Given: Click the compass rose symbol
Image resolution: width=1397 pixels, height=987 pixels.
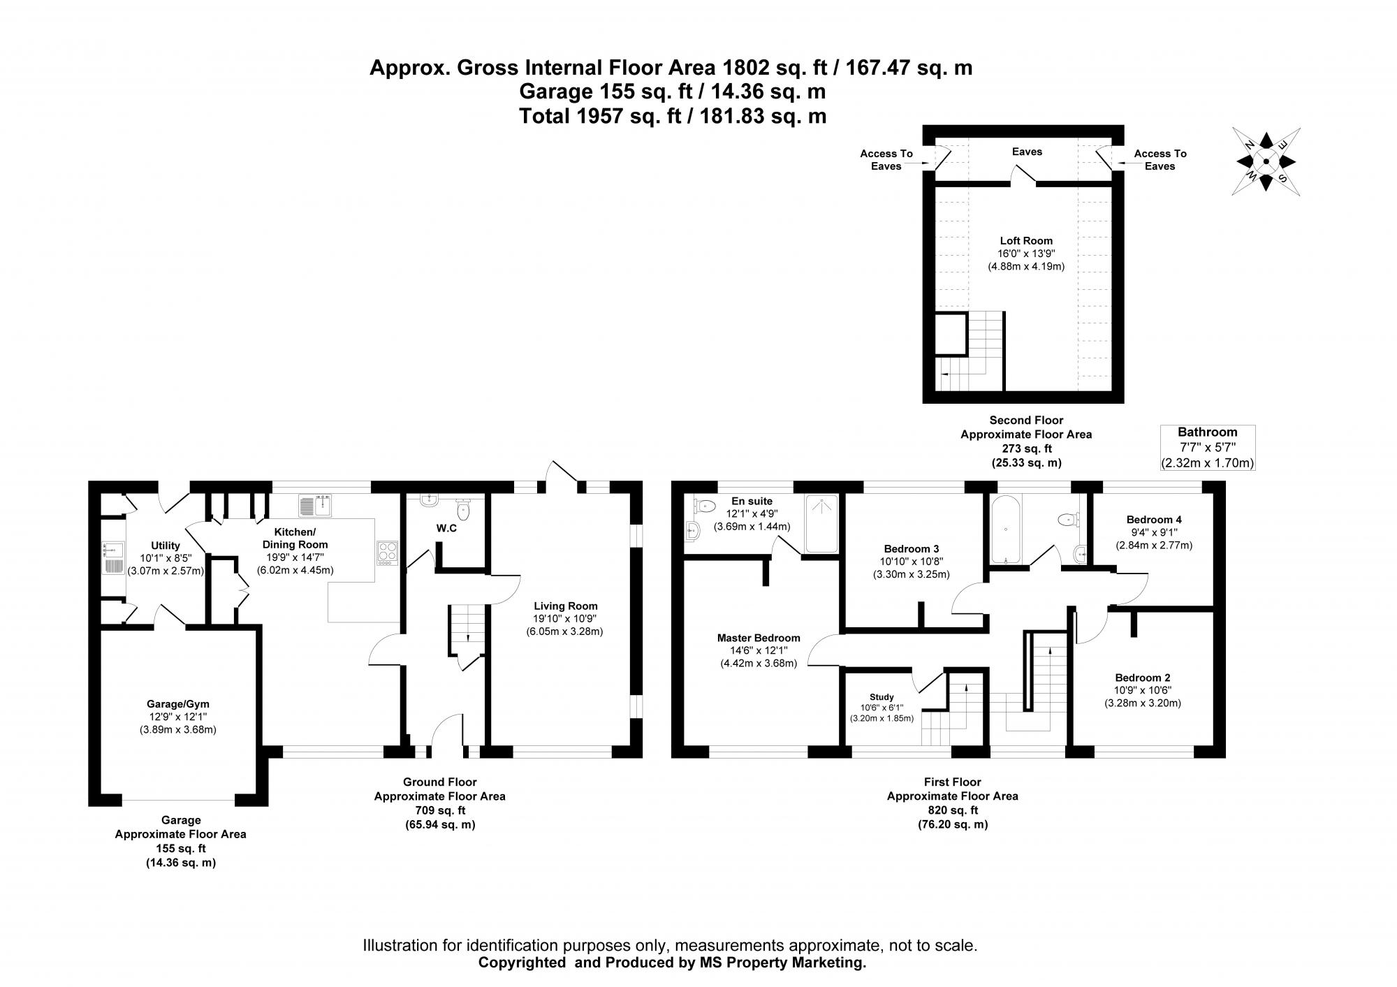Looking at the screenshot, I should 1266,162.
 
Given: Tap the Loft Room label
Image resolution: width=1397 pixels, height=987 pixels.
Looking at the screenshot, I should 1025,241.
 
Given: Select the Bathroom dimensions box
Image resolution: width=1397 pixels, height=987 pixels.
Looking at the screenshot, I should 1207,448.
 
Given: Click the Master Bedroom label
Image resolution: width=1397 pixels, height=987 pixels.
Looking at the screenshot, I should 759,638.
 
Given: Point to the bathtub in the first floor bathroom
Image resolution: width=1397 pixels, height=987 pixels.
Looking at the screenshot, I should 1004,528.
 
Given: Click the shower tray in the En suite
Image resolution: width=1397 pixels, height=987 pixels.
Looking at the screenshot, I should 821,524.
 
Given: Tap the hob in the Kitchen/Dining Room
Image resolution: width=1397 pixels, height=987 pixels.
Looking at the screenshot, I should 387,553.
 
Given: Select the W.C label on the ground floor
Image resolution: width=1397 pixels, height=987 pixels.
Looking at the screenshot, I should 446,528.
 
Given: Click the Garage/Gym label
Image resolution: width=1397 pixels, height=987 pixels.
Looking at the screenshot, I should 177,704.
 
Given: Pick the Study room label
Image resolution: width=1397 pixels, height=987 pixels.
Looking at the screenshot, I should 882,697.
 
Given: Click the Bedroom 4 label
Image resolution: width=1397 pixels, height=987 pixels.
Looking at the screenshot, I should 1154,520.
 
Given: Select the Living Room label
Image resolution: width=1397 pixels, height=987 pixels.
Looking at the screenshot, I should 565,606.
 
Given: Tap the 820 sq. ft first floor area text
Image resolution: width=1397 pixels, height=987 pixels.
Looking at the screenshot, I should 952,810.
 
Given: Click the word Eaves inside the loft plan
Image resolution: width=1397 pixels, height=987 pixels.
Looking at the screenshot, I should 1027,152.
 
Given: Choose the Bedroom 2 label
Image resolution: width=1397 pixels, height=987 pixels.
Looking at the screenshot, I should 1142,678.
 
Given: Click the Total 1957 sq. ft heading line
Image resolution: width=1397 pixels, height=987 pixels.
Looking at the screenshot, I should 672,115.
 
